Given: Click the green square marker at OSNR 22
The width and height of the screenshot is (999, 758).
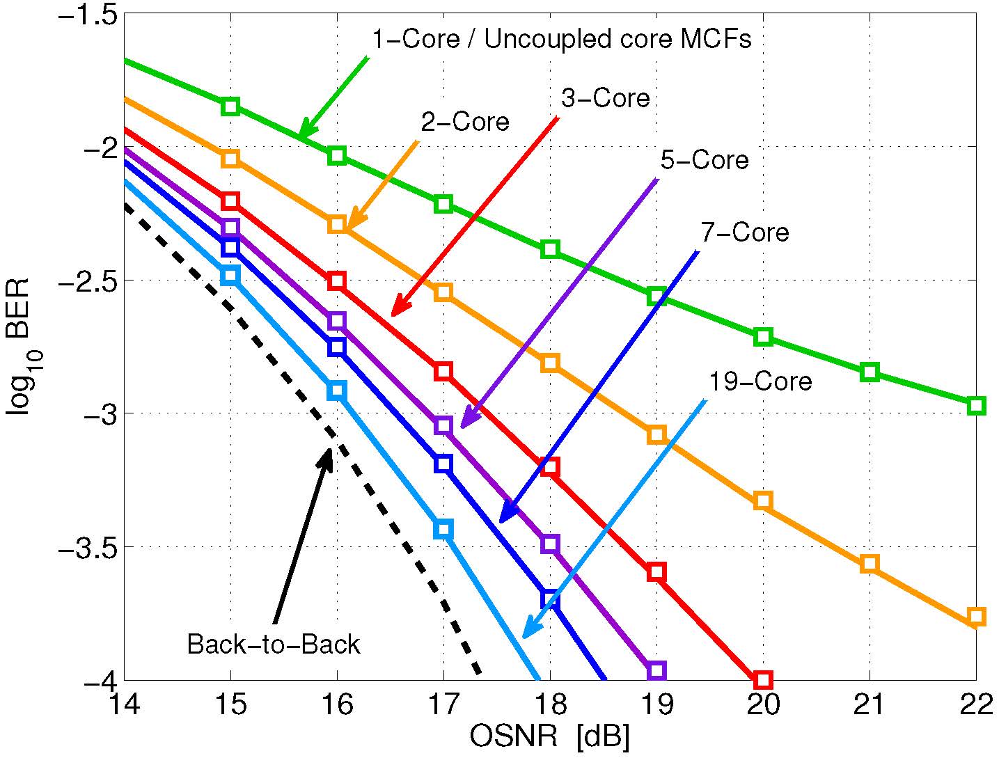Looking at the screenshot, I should [x=976, y=406].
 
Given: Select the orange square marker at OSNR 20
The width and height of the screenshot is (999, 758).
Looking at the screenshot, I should [x=763, y=500].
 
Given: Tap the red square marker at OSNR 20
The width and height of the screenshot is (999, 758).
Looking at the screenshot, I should [x=763, y=679].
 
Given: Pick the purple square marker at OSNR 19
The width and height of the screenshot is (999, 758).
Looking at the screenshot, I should [x=656, y=671].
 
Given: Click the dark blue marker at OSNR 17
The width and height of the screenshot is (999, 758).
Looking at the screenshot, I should [x=443, y=464].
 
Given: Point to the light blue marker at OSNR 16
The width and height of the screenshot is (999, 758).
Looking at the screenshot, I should [x=337, y=390].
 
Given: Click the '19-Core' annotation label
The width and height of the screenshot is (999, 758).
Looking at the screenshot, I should [x=760, y=381].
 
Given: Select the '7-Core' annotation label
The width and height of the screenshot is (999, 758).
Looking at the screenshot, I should [x=744, y=232].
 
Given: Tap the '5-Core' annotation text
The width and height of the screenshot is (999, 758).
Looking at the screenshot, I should [x=704, y=160].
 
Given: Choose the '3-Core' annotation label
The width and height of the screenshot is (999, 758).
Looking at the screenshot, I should [x=605, y=98].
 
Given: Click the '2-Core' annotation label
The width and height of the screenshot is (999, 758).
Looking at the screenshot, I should [x=464, y=122].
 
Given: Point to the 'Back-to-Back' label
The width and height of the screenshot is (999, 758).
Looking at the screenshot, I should [x=274, y=644].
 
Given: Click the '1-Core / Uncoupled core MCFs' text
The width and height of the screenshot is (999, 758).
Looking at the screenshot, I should [x=561, y=40].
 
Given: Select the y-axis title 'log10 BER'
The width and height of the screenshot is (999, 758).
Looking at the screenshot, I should [x=19, y=347].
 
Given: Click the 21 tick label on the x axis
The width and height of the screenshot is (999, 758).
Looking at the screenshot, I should [x=870, y=706].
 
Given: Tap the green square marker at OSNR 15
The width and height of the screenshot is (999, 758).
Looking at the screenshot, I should [x=230, y=106].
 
